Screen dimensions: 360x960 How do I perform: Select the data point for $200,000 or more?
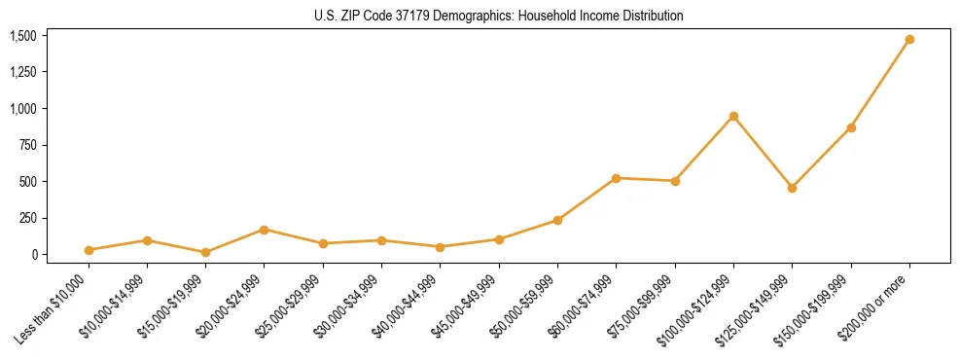909,40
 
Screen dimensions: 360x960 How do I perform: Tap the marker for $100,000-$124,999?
733,117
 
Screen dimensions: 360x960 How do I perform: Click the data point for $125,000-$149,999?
792,188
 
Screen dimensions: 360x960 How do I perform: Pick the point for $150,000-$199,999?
851,127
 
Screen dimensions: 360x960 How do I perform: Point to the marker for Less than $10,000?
89,250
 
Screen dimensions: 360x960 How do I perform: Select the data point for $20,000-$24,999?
264,230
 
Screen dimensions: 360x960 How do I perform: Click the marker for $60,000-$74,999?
616,178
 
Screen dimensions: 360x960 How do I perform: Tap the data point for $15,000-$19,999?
205,252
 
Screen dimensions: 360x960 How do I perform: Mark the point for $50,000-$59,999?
557,220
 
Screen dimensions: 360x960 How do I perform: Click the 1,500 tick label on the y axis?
23,36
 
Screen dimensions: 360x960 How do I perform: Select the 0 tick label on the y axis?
33,255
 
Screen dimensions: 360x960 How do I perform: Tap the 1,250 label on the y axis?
23,72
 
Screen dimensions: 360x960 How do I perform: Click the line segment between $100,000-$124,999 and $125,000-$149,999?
763,152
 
